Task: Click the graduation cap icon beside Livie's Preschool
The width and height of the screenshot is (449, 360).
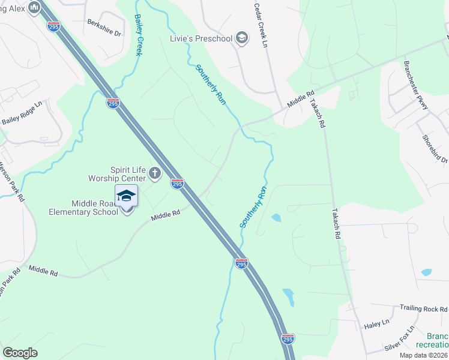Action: pyautogui.click(x=241, y=39)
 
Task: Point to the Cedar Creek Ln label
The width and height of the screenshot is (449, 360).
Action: pyautogui.click(x=260, y=25)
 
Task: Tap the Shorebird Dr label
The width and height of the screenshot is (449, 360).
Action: pyautogui.click(x=435, y=148)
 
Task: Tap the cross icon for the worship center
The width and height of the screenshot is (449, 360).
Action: pyautogui.click(x=154, y=174)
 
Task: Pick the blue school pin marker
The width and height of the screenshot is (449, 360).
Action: pyautogui.click(x=126, y=197)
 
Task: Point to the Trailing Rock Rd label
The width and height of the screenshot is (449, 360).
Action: pyautogui.click(x=423, y=308)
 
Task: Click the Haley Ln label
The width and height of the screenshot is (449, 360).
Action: pyautogui.click(x=376, y=325)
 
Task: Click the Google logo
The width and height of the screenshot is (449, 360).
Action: pyautogui.click(x=20, y=352)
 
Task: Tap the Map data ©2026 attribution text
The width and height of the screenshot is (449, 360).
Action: pyautogui.click(x=423, y=355)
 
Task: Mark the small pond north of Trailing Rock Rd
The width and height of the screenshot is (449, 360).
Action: pyautogui.click(x=426, y=272)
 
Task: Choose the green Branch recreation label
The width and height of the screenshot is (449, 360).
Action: pyautogui.click(x=436, y=341)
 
